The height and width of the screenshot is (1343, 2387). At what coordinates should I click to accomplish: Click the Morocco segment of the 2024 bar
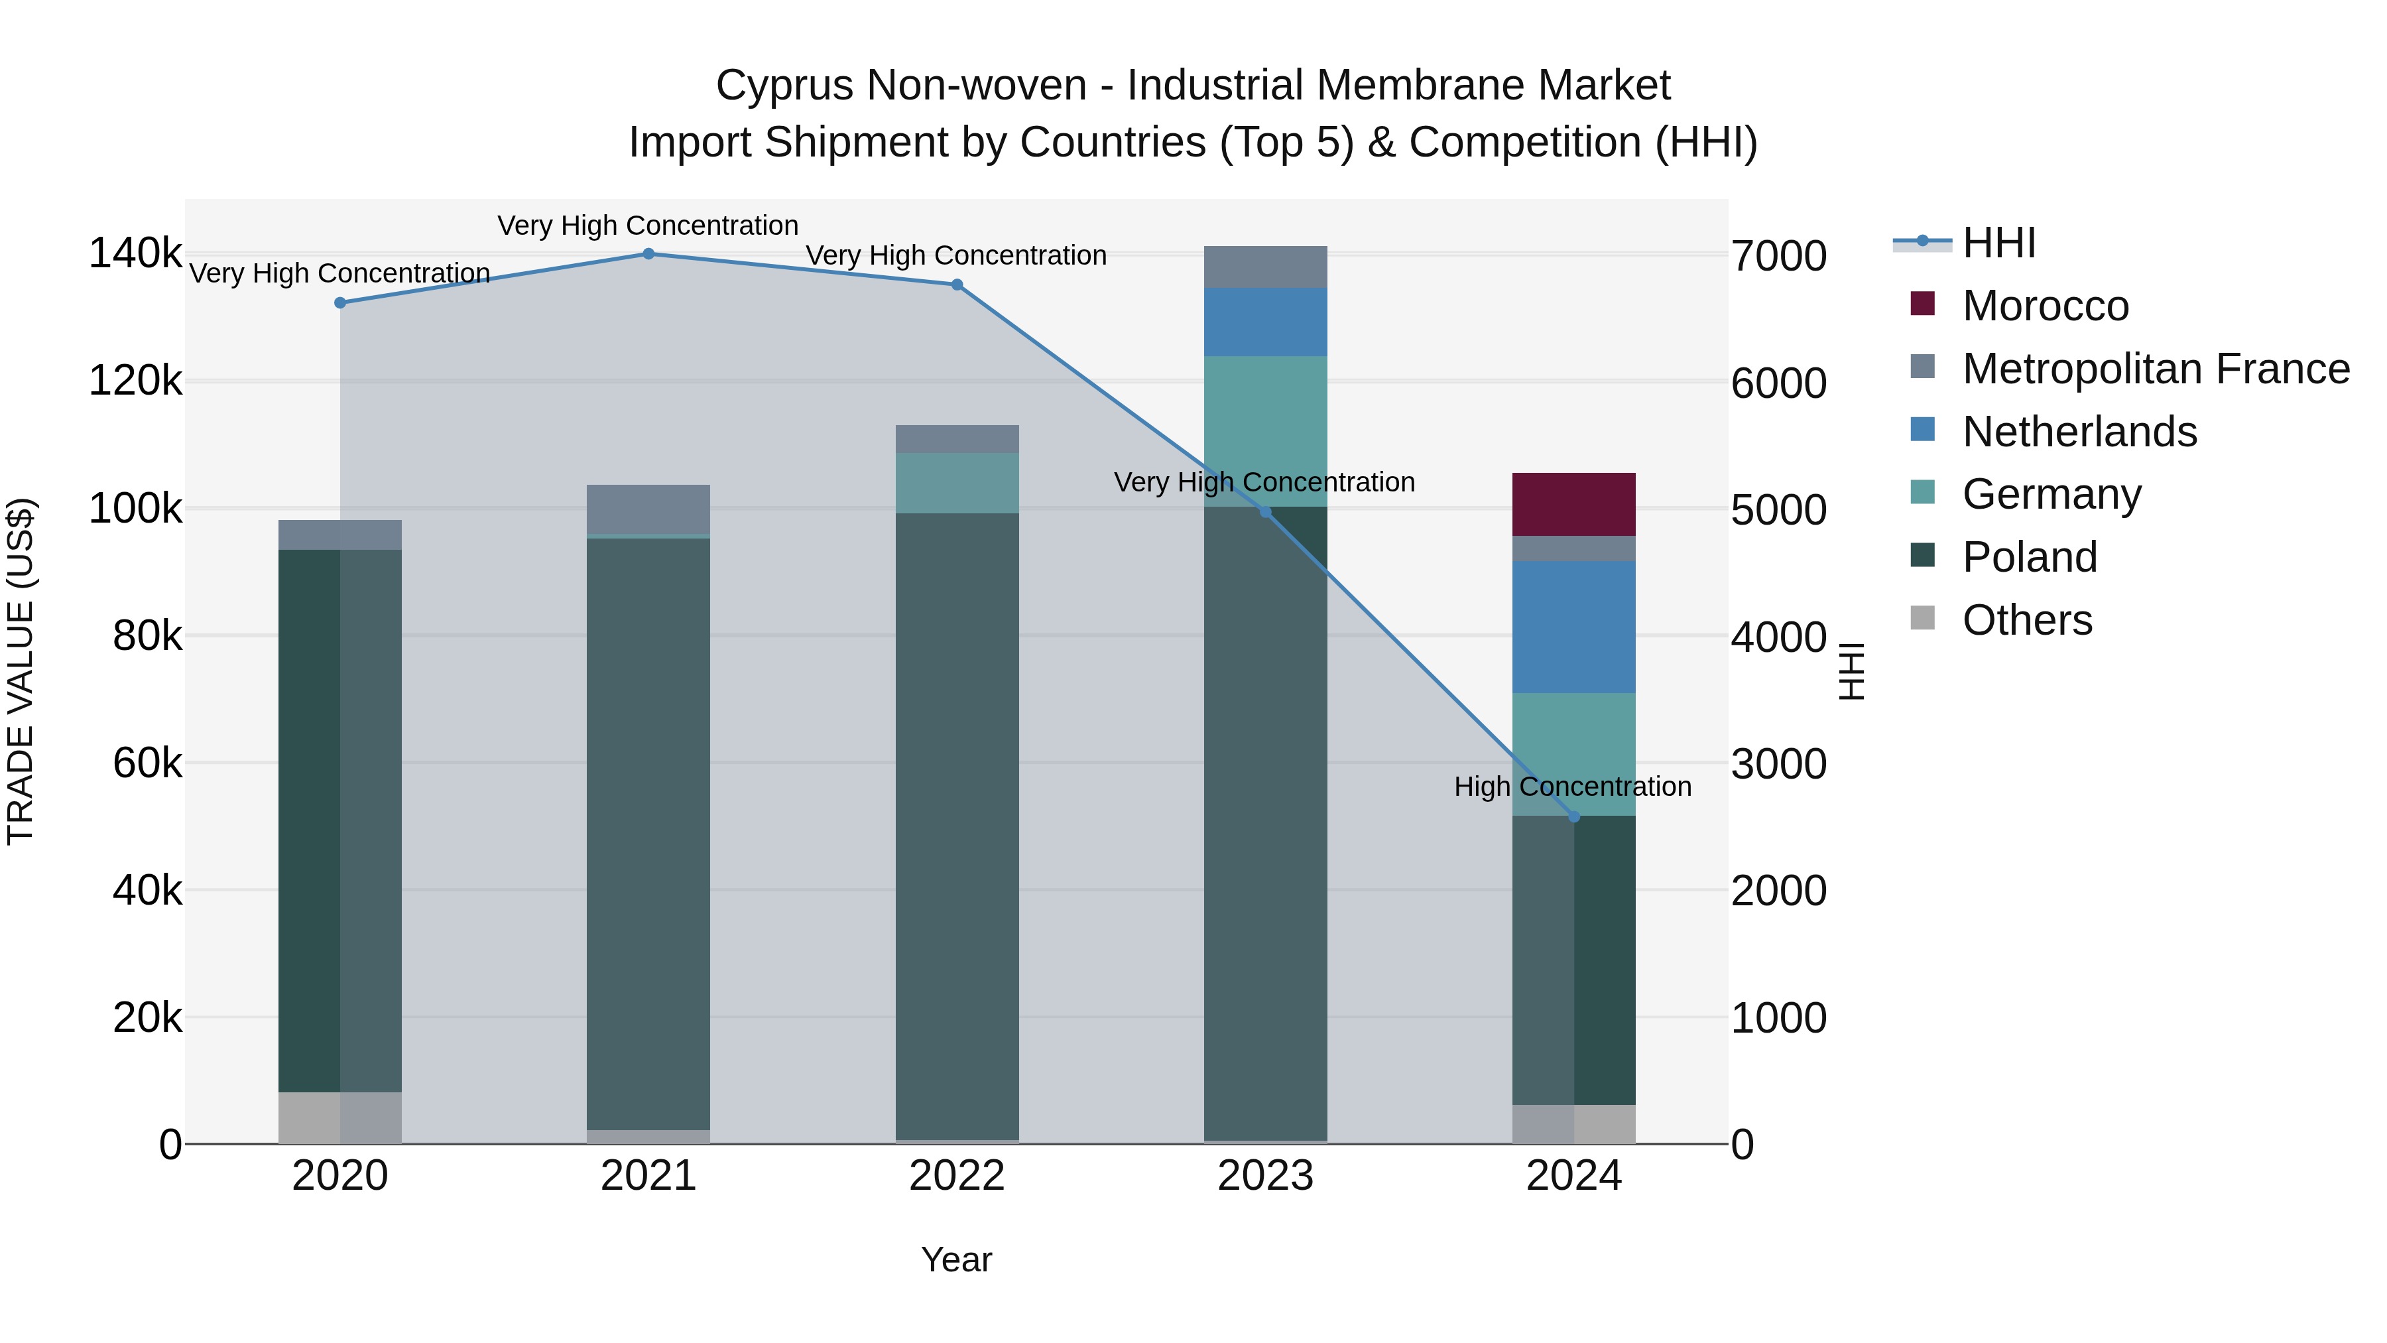coord(1573,504)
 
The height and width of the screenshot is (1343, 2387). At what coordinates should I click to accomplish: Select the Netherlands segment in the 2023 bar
coord(1265,322)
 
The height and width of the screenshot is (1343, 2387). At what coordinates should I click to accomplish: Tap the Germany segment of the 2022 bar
coord(956,483)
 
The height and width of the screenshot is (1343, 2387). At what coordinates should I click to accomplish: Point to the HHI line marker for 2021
coord(648,254)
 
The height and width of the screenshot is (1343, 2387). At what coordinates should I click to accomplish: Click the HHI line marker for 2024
coord(1573,816)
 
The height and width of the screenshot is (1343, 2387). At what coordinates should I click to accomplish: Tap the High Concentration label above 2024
coord(1573,787)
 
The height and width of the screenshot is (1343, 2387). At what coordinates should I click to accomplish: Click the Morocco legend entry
coord(2045,306)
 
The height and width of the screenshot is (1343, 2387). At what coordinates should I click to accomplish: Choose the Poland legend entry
coord(2030,557)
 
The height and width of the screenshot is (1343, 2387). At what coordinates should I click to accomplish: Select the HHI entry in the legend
coord(1998,243)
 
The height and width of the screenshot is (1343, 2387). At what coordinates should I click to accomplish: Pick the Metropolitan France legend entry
coord(2156,369)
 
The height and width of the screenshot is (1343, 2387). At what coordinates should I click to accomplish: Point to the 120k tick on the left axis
coord(135,381)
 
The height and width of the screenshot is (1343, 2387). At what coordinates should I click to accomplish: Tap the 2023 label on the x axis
coord(1265,1176)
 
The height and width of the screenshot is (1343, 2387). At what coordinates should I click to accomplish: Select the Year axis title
coord(956,1259)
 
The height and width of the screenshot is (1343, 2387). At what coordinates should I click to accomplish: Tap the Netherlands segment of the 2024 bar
coord(1573,627)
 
